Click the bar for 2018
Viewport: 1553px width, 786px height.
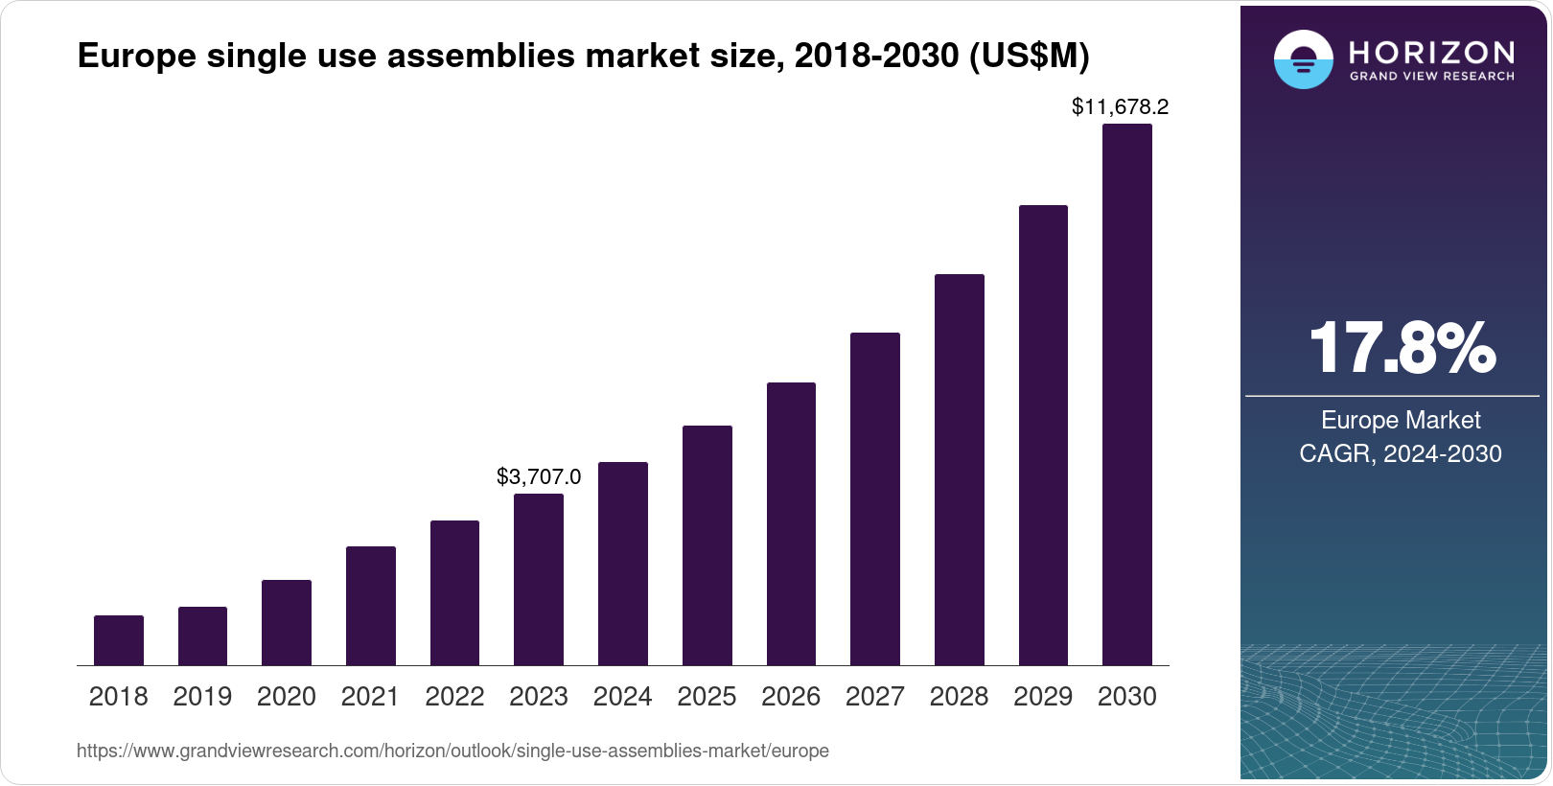[119, 640]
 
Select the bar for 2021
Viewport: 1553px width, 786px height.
[371, 606]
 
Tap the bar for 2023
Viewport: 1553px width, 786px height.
[539, 579]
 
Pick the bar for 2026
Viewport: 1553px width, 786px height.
[791, 523]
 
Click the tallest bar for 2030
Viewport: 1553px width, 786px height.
[1127, 394]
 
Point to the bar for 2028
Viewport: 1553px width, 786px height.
[960, 470]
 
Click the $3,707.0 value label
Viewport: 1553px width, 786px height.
[539, 476]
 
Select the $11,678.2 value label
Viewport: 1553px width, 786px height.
[1120, 106]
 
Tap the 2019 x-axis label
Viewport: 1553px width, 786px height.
[202, 697]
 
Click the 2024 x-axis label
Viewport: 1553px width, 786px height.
[623, 697]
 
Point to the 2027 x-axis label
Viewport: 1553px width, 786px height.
[875, 697]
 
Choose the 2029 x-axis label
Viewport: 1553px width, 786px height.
[1043, 697]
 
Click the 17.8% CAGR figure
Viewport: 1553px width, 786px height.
[1401, 348]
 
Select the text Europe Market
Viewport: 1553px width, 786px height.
[1401, 420]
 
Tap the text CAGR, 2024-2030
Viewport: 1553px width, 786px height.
[1401, 453]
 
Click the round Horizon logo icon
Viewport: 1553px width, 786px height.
[1303, 59]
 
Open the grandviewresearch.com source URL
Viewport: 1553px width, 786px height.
[452, 751]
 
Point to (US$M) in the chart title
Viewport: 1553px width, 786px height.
[1029, 56]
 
